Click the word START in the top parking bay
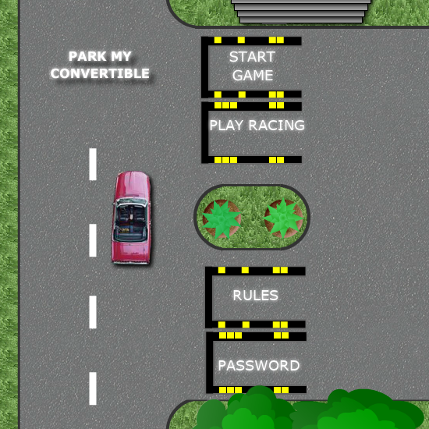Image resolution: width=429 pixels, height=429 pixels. point(252,57)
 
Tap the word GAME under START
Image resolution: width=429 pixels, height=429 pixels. point(253,75)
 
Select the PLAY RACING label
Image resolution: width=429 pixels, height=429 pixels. point(257,126)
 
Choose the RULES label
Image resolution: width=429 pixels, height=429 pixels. point(255,295)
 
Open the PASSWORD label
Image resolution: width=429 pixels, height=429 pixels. point(258,366)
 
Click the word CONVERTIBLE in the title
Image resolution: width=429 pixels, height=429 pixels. point(100,73)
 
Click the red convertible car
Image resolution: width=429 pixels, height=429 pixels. point(131,218)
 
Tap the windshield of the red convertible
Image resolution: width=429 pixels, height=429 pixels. point(132,203)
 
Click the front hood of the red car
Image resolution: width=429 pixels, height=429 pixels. point(133,185)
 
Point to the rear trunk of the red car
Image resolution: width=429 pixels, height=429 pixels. point(131,252)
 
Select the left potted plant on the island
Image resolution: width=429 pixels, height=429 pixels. point(222,219)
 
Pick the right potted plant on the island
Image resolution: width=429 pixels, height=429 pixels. point(283,218)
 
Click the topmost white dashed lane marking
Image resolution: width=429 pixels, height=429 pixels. point(93,164)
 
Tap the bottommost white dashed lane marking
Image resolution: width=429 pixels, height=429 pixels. point(93,388)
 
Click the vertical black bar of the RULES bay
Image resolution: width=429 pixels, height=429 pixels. point(209,297)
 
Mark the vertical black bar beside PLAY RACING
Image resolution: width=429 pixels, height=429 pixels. point(205,133)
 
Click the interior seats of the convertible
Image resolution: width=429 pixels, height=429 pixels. point(131,222)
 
